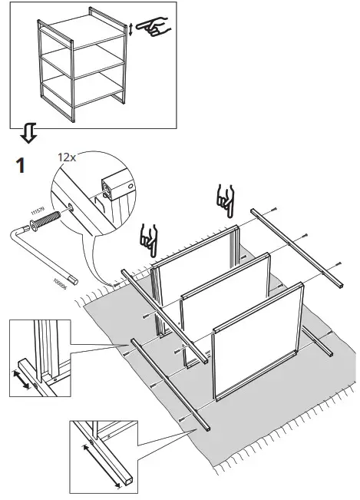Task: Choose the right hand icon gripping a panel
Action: click(224, 200)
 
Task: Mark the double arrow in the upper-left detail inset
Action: click(25, 378)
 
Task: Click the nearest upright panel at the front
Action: click(253, 338)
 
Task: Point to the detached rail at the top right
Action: click(296, 246)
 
